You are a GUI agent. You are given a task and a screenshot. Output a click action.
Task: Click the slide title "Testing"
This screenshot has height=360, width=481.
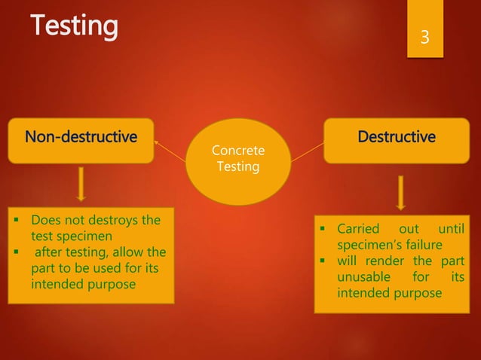[x=74, y=26]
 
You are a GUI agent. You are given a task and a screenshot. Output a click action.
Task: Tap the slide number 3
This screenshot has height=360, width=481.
[x=424, y=36]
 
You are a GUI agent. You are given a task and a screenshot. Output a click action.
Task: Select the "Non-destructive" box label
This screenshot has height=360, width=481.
[x=81, y=137]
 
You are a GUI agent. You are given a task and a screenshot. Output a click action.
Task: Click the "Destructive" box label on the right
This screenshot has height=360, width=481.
[x=396, y=137]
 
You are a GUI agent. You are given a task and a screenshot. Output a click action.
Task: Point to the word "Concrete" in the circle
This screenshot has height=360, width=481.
[x=237, y=151]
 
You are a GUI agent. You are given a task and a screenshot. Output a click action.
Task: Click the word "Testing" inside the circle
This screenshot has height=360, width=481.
[x=237, y=166]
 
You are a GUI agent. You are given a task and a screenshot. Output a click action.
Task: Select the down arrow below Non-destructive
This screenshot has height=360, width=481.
[x=81, y=185]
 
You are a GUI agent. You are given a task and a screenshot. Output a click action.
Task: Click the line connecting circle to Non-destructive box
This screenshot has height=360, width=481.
[x=170, y=150]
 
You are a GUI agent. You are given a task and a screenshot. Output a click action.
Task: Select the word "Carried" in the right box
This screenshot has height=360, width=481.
[x=359, y=229]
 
